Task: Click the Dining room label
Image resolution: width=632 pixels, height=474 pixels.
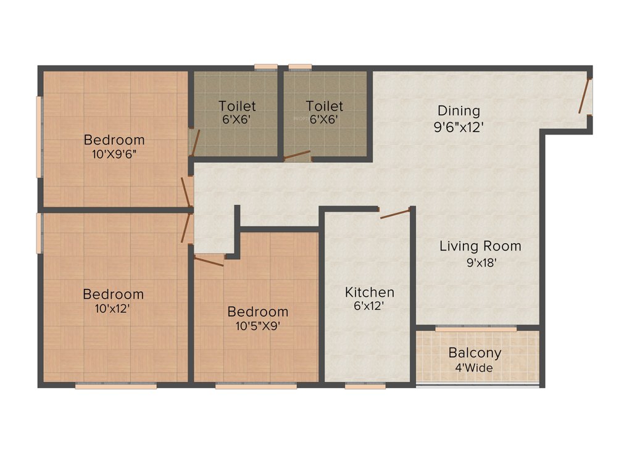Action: click(x=459, y=111)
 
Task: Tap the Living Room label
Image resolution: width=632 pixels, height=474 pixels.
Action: click(x=480, y=246)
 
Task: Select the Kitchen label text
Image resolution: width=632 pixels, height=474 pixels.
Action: click(x=369, y=292)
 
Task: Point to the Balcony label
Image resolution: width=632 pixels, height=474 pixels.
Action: click(x=475, y=354)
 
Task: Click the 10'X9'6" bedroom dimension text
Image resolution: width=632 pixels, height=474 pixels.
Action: click(x=114, y=154)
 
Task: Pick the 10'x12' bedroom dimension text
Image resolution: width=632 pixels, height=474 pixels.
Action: click(x=113, y=308)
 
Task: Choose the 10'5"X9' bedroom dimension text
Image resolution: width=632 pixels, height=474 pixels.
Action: click(x=257, y=326)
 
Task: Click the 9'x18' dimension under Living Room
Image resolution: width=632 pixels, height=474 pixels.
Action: click(x=480, y=262)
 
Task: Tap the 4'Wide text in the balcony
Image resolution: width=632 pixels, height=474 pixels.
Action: click(x=475, y=368)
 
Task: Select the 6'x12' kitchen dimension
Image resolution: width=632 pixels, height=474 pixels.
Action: click(x=369, y=307)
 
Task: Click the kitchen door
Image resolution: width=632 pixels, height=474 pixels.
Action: click(x=395, y=214)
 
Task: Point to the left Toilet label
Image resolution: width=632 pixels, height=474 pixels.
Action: click(x=237, y=107)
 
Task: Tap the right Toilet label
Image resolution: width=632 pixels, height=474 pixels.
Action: click(x=325, y=107)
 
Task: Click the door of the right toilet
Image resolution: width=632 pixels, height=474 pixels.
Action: click(x=297, y=155)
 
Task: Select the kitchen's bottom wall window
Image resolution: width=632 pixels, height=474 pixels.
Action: click(x=365, y=386)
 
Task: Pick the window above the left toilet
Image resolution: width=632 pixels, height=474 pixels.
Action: click(x=265, y=67)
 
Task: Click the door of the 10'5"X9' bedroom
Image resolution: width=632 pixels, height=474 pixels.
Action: click(x=209, y=260)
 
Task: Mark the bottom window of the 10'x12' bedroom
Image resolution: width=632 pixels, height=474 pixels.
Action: click(x=115, y=386)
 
